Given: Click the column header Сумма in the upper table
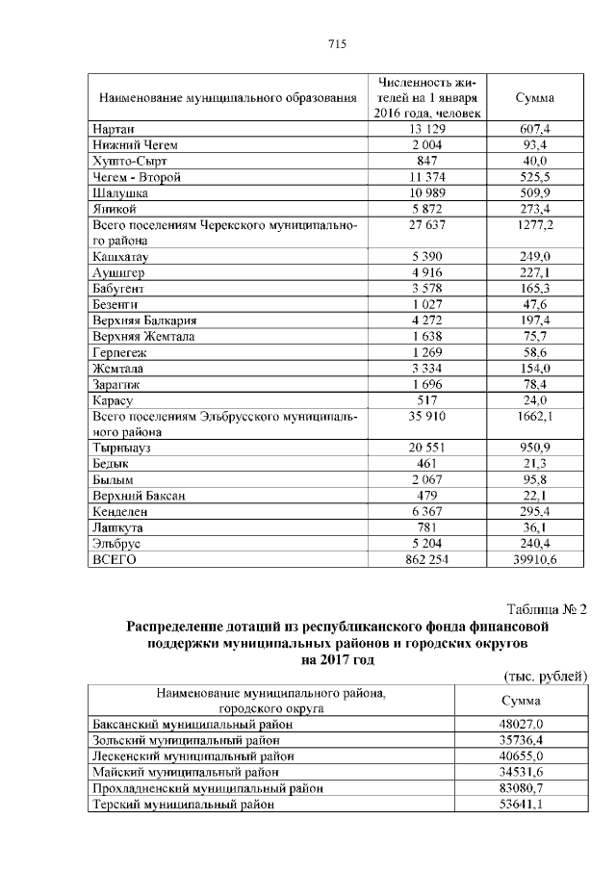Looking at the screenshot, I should pos(534,98).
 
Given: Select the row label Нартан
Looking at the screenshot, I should pos(114,129).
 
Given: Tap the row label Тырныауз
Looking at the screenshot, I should pos(123,448).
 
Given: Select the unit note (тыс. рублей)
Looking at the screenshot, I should pos(545,676).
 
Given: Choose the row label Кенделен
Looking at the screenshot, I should pos(119,511).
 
